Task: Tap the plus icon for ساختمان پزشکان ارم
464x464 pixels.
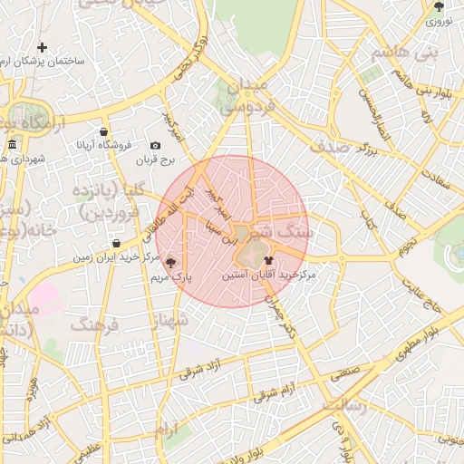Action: [42, 47]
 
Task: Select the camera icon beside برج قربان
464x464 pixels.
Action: [155, 146]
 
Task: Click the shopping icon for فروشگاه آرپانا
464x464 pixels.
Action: [104, 132]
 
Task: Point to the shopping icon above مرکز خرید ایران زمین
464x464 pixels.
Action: [117, 244]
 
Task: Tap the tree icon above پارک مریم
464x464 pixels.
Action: [171, 262]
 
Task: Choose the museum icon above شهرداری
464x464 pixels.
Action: [12, 145]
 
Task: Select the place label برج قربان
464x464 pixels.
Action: [155, 159]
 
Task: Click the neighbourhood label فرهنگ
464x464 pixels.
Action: [93, 324]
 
